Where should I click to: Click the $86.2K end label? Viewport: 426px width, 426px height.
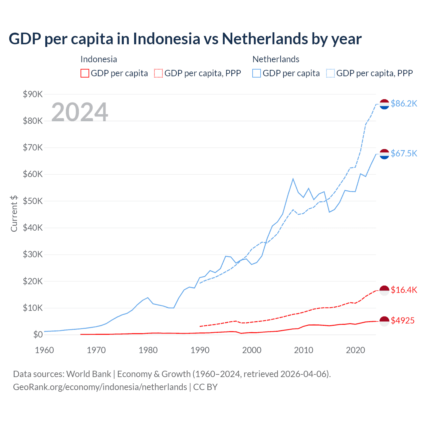(x=404, y=104)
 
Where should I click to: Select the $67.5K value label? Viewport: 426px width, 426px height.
(x=404, y=153)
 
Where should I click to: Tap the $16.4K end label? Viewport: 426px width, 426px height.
(x=404, y=290)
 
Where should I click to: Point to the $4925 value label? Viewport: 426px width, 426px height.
(x=402, y=320)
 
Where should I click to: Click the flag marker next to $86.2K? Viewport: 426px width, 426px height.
(x=384, y=104)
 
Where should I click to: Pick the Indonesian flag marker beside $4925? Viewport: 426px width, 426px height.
(x=384, y=321)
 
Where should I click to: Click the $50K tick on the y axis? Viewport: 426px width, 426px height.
(x=33, y=201)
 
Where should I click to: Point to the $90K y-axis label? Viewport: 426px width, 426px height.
(x=33, y=94)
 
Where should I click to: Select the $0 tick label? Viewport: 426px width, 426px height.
(x=38, y=334)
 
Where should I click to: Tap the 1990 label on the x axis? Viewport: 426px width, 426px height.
(x=200, y=350)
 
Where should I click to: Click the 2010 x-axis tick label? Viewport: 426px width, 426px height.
(x=304, y=350)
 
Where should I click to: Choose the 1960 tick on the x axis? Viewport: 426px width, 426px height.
(x=45, y=350)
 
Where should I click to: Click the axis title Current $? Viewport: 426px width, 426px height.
(x=14, y=214)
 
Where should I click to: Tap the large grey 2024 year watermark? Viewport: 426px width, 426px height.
(x=80, y=112)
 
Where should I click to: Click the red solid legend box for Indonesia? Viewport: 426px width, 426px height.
(x=85, y=73)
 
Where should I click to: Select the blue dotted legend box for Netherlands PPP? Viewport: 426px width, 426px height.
(x=330, y=73)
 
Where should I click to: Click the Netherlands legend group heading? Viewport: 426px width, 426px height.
(x=276, y=59)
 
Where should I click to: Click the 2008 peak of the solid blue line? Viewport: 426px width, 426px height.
(x=293, y=179)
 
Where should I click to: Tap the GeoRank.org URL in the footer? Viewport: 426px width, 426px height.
(x=100, y=387)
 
